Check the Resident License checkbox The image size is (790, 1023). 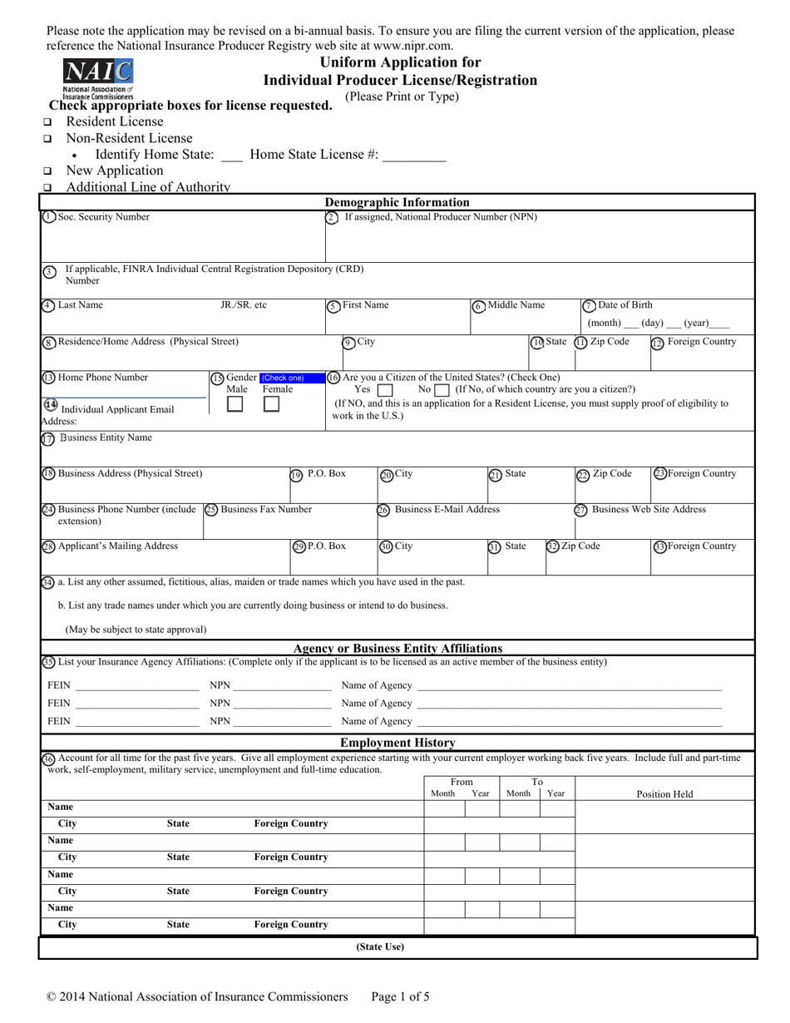pyautogui.click(x=47, y=122)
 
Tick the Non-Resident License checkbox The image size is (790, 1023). pyautogui.click(x=47, y=139)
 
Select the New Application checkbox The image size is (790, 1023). pyautogui.click(x=47, y=171)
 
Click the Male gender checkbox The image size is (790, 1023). pyautogui.click(x=235, y=404)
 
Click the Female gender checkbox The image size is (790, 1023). pyautogui.click(x=271, y=404)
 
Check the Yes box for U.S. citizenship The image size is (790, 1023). pyautogui.click(x=385, y=390)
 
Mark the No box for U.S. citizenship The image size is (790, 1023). pyautogui.click(x=442, y=390)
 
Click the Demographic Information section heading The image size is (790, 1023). pyautogui.click(x=397, y=202)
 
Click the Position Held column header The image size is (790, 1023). pyautogui.click(x=664, y=794)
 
